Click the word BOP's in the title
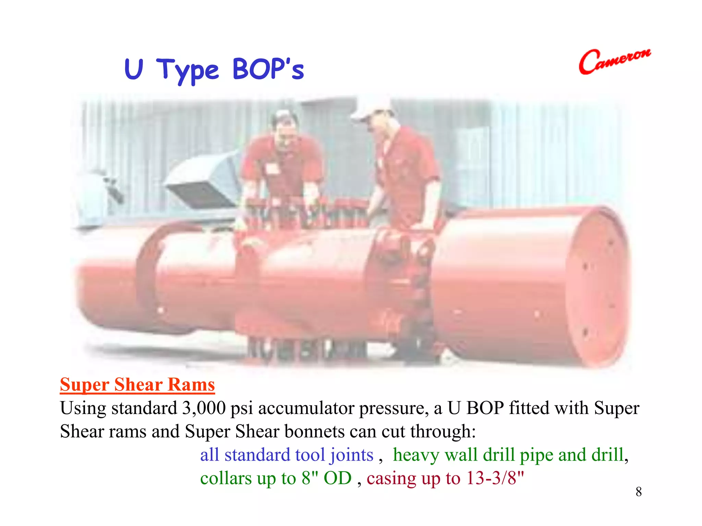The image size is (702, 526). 268,70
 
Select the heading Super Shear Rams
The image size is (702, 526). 137,385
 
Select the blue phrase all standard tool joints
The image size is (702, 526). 287,455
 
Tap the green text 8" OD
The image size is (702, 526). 326,478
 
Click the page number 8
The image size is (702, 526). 638,492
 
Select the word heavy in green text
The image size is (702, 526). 416,455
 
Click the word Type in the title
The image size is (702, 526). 187,70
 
